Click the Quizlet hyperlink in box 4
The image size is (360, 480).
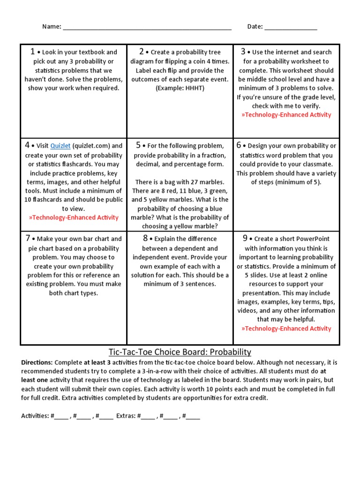point(60,146)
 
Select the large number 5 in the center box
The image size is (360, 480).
point(138,145)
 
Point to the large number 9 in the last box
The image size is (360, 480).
point(245,239)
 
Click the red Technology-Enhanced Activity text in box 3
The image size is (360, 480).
point(286,115)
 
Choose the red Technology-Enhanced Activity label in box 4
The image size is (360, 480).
point(74,217)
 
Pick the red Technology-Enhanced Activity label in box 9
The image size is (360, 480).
point(286,329)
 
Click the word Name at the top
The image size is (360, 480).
point(51,27)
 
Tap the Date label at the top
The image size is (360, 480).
point(255,27)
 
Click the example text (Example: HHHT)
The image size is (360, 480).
point(180,88)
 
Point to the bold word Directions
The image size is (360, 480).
point(37,363)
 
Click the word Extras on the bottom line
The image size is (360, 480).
point(126,416)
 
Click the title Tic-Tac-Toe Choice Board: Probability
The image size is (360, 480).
point(180,352)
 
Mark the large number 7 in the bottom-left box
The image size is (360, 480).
point(29,239)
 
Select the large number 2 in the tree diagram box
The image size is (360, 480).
point(141,52)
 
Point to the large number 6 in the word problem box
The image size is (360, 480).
point(239,145)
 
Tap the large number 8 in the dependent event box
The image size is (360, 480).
point(145,239)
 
